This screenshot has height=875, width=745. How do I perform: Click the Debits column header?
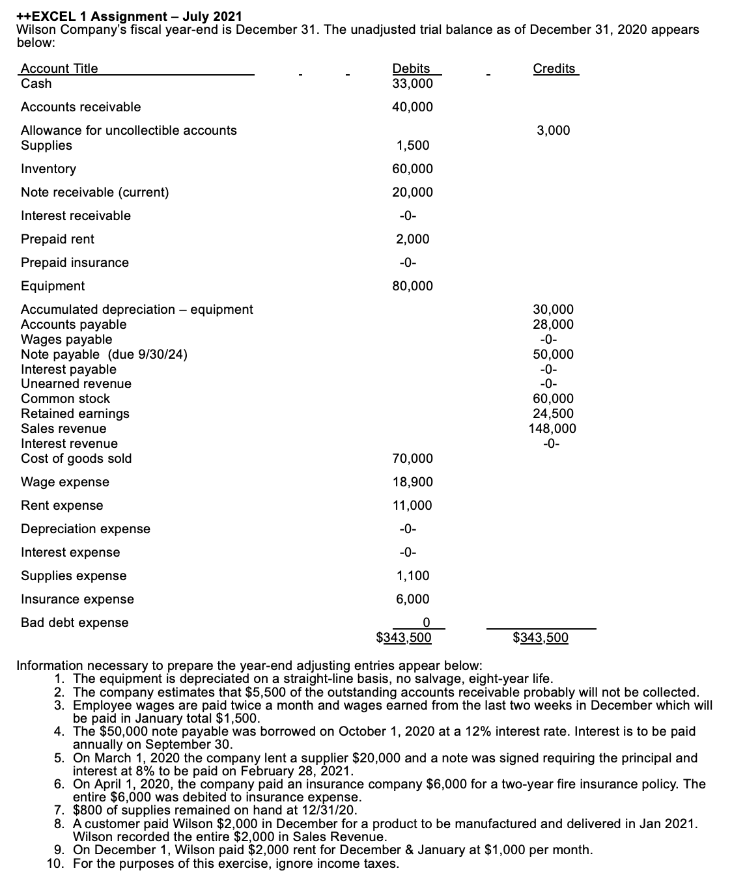411,68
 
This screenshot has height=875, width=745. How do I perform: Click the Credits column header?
554,68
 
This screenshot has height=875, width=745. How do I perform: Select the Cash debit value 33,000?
412,83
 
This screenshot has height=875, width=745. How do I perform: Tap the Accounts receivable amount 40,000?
412,107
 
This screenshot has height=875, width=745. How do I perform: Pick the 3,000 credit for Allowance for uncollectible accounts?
554,130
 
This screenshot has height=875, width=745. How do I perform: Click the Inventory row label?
48,169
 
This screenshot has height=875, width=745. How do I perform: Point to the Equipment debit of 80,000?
412,286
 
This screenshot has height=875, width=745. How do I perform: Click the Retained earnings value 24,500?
554,413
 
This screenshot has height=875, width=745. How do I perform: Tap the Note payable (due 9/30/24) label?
104,354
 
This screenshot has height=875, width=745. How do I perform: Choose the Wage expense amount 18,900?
412,482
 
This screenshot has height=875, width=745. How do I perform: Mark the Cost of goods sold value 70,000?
412,458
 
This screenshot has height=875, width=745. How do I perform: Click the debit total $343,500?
404,637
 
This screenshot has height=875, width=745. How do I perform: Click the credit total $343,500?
541,637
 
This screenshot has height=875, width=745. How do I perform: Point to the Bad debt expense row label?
74,622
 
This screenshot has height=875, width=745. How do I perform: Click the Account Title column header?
59,68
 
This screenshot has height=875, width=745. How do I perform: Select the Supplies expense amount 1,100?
413,576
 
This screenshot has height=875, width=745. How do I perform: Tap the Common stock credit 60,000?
554,398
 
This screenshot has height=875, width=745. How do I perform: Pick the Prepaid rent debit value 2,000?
413,239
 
